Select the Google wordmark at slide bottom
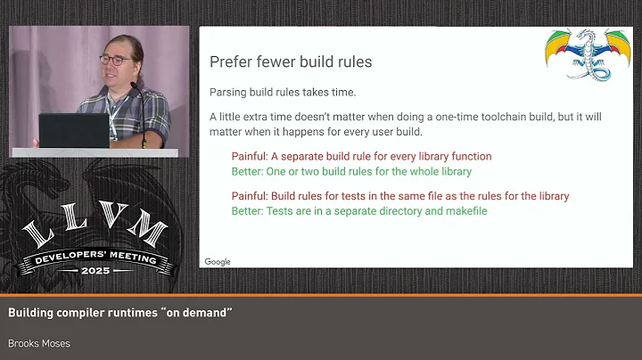point(218,262)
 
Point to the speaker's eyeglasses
point(113,60)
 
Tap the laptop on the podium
point(73,131)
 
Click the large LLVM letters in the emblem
point(96,233)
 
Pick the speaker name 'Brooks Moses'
point(38,343)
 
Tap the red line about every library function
point(361,157)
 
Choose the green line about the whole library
point(351,171)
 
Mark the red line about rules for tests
point(399,196)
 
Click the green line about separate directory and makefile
point(359,211)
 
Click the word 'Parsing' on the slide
point(229,92)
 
